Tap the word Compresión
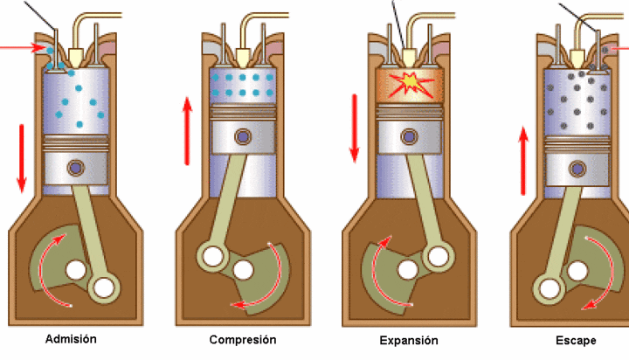point(242,339)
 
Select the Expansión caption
point(409,340)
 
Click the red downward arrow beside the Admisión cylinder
point(22,157)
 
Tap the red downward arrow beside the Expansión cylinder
point(355,127)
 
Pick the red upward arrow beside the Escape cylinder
point(523,160)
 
